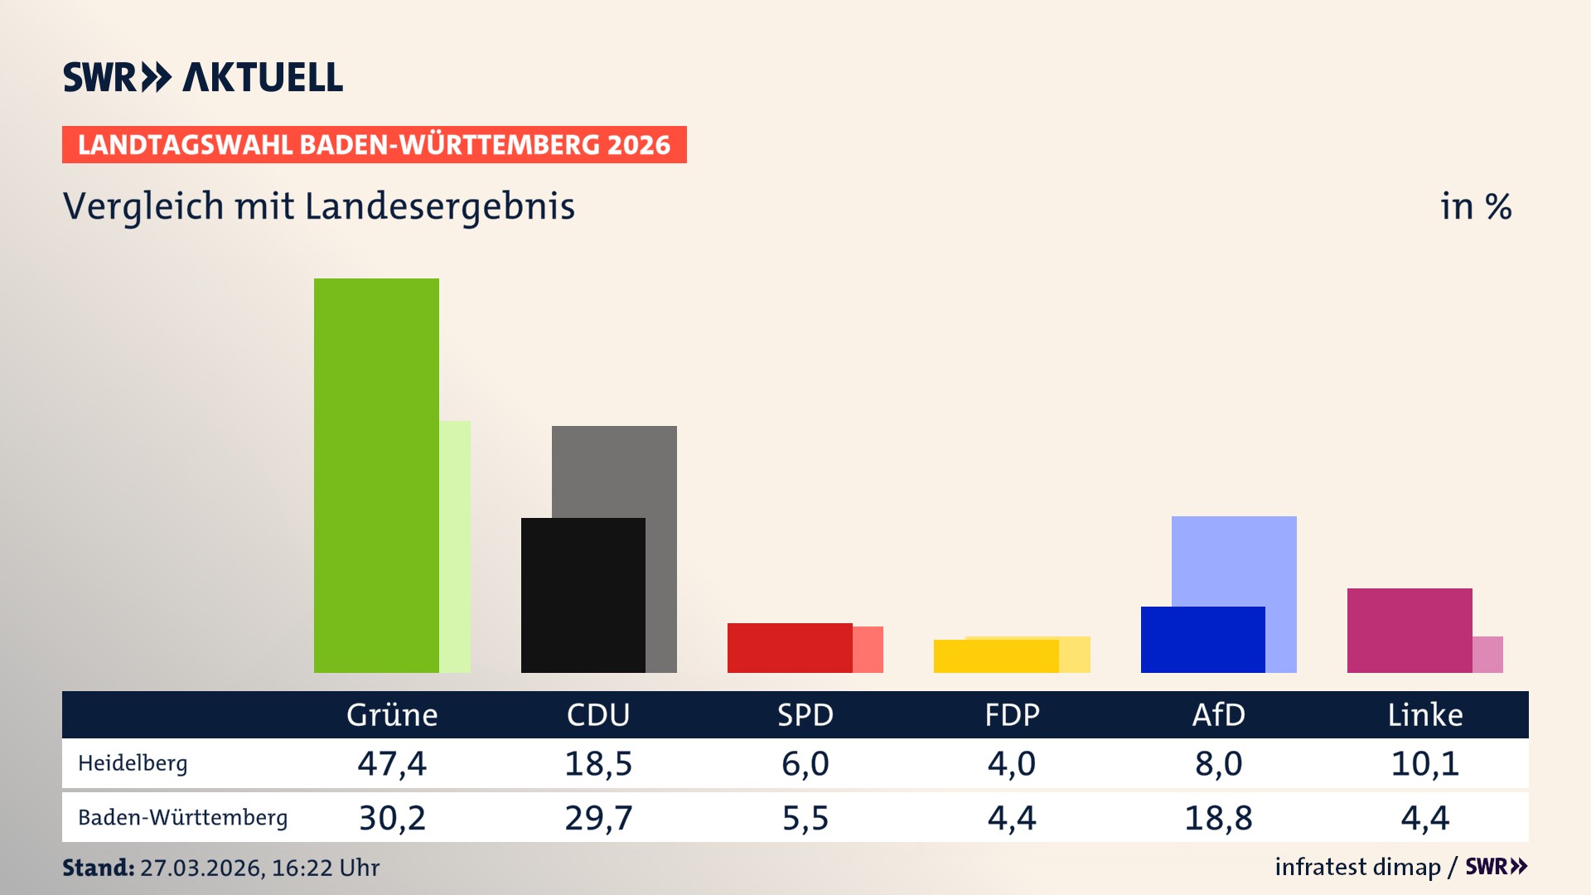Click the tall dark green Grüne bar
376,475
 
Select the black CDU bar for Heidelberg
583,595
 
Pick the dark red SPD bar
789,647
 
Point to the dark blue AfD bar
1202,639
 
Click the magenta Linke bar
1409,630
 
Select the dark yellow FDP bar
995,656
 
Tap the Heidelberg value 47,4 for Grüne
392,763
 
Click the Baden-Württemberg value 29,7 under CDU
598,818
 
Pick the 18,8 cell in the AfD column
1218,818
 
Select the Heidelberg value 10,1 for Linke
1424,763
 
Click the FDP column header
1012,714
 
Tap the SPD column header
805,714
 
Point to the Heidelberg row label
133,763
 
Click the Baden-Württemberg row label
182,818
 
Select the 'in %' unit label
1475,206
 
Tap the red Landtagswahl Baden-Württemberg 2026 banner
374,144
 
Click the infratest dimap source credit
1357,867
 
